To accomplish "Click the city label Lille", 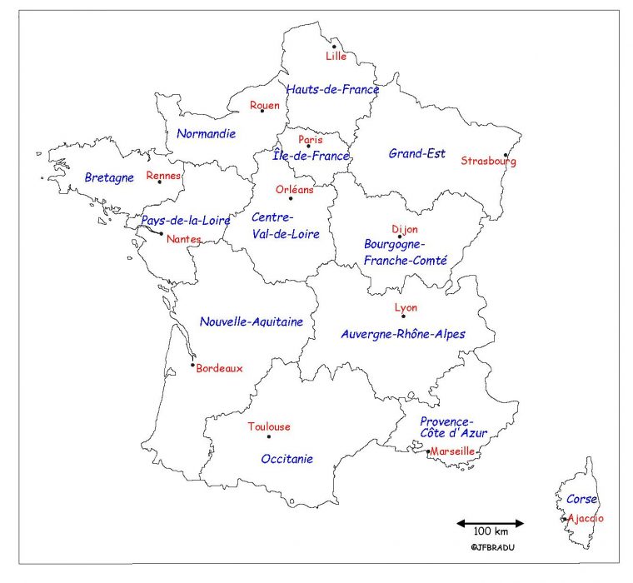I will tap(336, 57).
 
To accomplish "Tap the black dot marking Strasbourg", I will tap(506, 154).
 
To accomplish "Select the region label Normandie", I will tap(206, 133).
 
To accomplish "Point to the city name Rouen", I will tap(265, 105).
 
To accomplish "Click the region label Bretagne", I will tap(109, 177).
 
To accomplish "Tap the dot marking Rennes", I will tap(160, 182).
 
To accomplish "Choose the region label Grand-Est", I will tap(416, 153).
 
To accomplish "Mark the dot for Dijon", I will tap(400, 237).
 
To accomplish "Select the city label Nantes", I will tap(183, 239).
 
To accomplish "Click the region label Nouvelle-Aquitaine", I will tap(252, 321).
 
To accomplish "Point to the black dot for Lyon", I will tap(403, 316).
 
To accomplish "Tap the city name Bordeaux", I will tap(219, 368).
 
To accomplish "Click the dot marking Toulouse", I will tap(268, 436).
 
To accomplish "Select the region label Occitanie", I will tap(287, 458).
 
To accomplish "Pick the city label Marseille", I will tap(452, 451).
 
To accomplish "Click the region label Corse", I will tap(581, 500).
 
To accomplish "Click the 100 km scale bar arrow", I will tap(490, 524).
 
